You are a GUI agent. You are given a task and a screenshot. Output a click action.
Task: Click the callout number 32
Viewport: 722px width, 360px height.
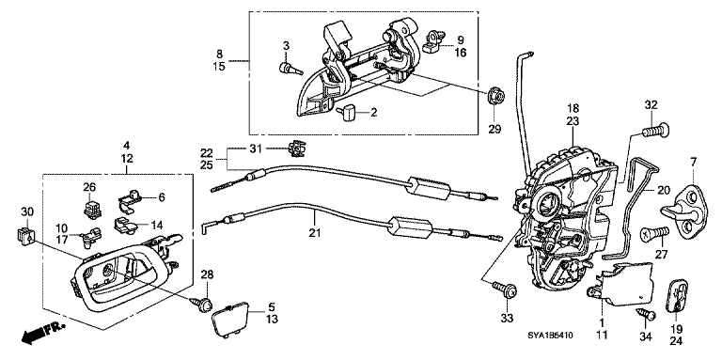[x=651, y=104]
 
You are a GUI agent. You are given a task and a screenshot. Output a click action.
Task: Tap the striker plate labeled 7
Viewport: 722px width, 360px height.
[x=694, y=204]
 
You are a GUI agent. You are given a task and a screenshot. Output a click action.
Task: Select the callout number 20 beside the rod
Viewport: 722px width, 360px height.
[x=662, y=191]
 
